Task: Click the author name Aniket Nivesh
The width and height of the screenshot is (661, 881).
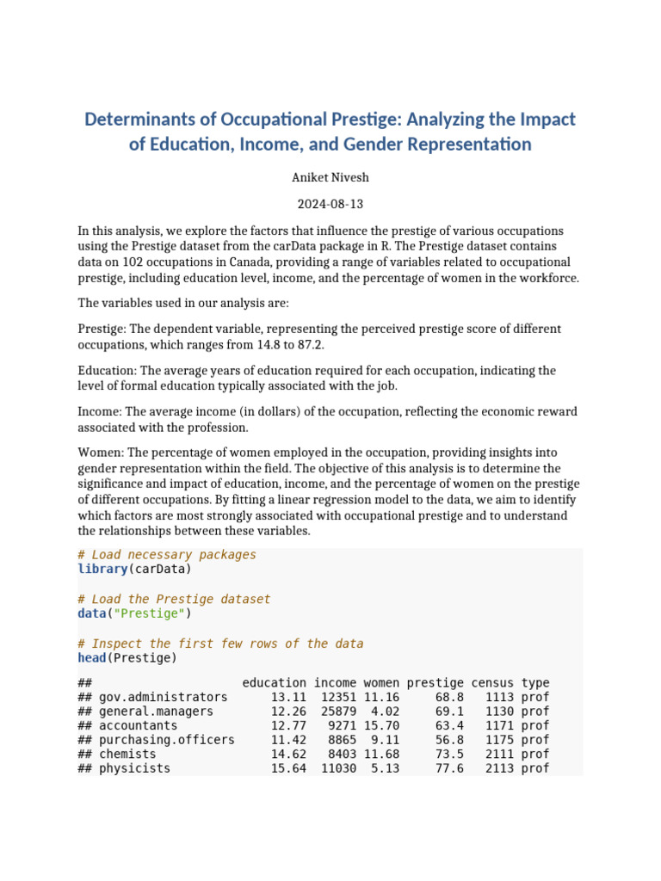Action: point(330,177)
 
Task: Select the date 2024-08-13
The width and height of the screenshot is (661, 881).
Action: point(330,205)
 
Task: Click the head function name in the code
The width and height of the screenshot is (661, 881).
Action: point(91,658)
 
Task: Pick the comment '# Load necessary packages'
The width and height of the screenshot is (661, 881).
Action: point(167,555)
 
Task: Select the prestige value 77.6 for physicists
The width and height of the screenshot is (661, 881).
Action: point(449,768)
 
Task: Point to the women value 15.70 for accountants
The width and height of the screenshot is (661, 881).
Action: point(381,725)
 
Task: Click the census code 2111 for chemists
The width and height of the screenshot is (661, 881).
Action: point(499,754)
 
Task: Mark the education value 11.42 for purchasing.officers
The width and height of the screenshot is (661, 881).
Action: point(288,740)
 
